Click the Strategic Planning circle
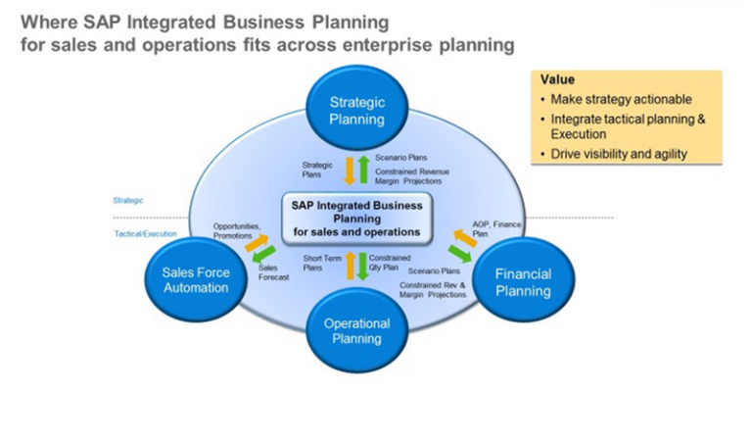[x=356, y=112]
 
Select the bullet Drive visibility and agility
[x=618, y=153]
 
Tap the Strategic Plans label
[x=318, y=169]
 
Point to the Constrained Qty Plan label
[x=390, y=262]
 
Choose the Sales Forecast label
[x=273, y=271]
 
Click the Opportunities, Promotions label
[x=236, y=230]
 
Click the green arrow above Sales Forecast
[x=262, y=253]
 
